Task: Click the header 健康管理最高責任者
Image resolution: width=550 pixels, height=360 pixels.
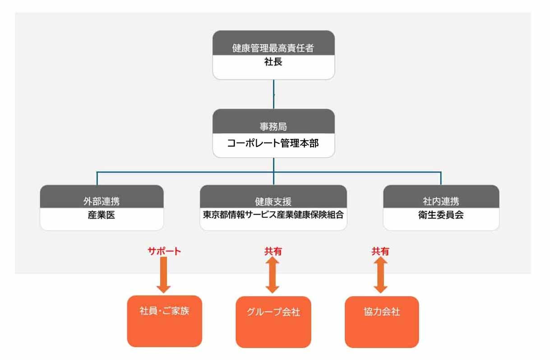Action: click(273, 48)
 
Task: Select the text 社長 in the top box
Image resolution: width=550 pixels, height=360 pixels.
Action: click(273, 62)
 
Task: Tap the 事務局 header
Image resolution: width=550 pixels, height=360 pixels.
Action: click(273, 126)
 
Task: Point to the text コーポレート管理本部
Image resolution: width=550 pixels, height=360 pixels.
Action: click(273, 143)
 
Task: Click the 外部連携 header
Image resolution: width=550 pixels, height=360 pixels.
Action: click(102, 201)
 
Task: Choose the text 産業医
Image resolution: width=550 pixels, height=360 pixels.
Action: click(102, 215)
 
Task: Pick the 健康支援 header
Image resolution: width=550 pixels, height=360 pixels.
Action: click(273, 202)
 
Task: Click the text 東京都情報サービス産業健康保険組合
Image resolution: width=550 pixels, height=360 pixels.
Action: click(273, 215)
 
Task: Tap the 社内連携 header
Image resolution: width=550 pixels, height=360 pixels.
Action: click(441, 201)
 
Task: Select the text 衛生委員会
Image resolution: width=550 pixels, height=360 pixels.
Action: click(441, 215)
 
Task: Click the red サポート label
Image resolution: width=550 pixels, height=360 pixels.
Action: click(164, 251)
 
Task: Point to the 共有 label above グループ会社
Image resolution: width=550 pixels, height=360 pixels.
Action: click(273, 251)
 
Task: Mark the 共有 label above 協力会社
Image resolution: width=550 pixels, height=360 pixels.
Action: click(380, 251)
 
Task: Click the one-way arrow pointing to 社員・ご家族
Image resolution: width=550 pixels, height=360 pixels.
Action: click(163, 275)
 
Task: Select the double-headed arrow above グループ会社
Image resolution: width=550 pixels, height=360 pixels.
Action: click(273, 275)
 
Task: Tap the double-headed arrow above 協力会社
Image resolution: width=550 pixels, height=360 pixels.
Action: click(381, 275)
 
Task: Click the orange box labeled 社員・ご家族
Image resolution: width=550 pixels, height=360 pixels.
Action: click(165, 321)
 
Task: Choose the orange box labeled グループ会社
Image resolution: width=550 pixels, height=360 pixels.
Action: click(273, 322)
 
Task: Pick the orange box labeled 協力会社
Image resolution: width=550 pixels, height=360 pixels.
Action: click(382, 322)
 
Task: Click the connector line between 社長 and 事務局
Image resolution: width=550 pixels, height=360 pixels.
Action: click(274, 94)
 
